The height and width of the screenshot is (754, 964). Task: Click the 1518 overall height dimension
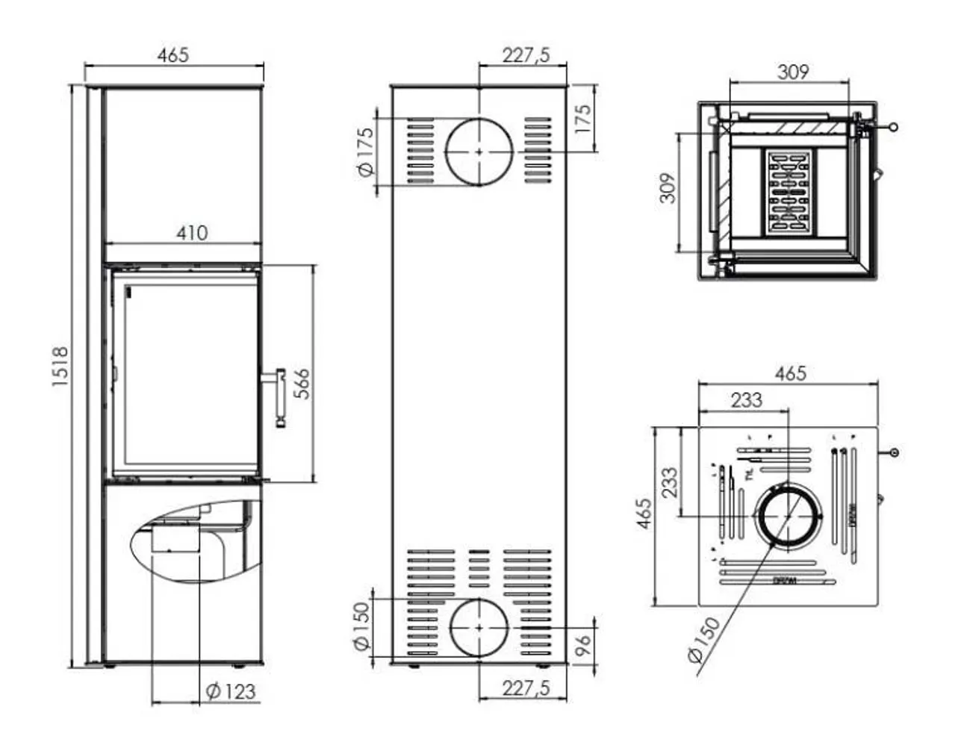[60, 366]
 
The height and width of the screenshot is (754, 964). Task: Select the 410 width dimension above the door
[192, 233]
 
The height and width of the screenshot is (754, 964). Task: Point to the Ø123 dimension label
[230, 692]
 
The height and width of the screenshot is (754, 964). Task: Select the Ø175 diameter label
[365, 152]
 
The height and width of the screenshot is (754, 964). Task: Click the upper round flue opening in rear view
[479, 151]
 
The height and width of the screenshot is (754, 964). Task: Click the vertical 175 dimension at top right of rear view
[583, 118]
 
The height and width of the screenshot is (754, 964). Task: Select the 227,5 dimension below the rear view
[525, 688]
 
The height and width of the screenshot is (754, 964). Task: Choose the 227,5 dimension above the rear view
[525, 54]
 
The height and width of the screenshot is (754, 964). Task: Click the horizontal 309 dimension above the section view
[792, 72]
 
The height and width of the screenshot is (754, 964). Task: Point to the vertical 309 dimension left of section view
[668, 188]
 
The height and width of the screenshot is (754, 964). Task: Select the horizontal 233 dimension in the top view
[746, 399]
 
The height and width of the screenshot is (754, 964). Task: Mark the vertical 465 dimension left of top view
[644, 514]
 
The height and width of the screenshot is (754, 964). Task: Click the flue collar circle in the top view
[787, 516]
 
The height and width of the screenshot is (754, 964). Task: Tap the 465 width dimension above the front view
[173, 54]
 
